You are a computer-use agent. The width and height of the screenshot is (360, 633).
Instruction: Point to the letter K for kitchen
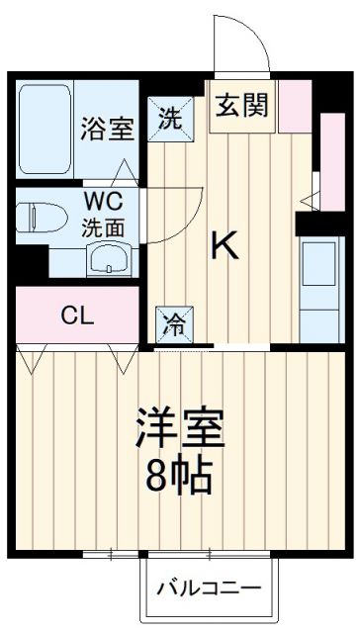(226, 245)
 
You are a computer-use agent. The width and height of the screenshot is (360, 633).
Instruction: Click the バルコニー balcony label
(211, 588)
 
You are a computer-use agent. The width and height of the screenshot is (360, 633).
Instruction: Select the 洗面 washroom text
(104, 226)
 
